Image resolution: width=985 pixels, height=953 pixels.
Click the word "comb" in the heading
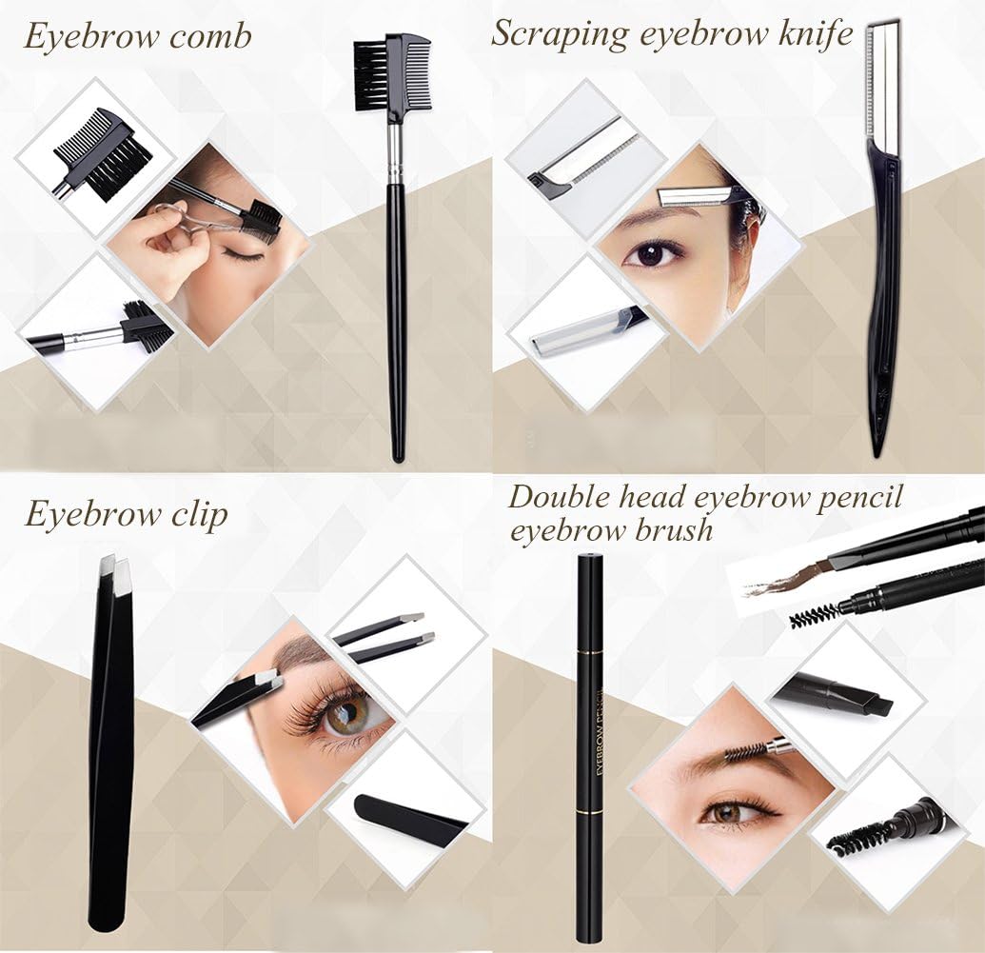tap(210, 38)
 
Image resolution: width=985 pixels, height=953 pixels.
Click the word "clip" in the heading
tap(195, 514)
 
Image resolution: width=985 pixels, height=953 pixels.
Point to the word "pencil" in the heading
tap(859, 497)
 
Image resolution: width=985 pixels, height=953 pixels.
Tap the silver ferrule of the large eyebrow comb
tap(394, 152)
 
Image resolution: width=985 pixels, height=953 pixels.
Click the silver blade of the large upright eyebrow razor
tap(885, 81)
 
